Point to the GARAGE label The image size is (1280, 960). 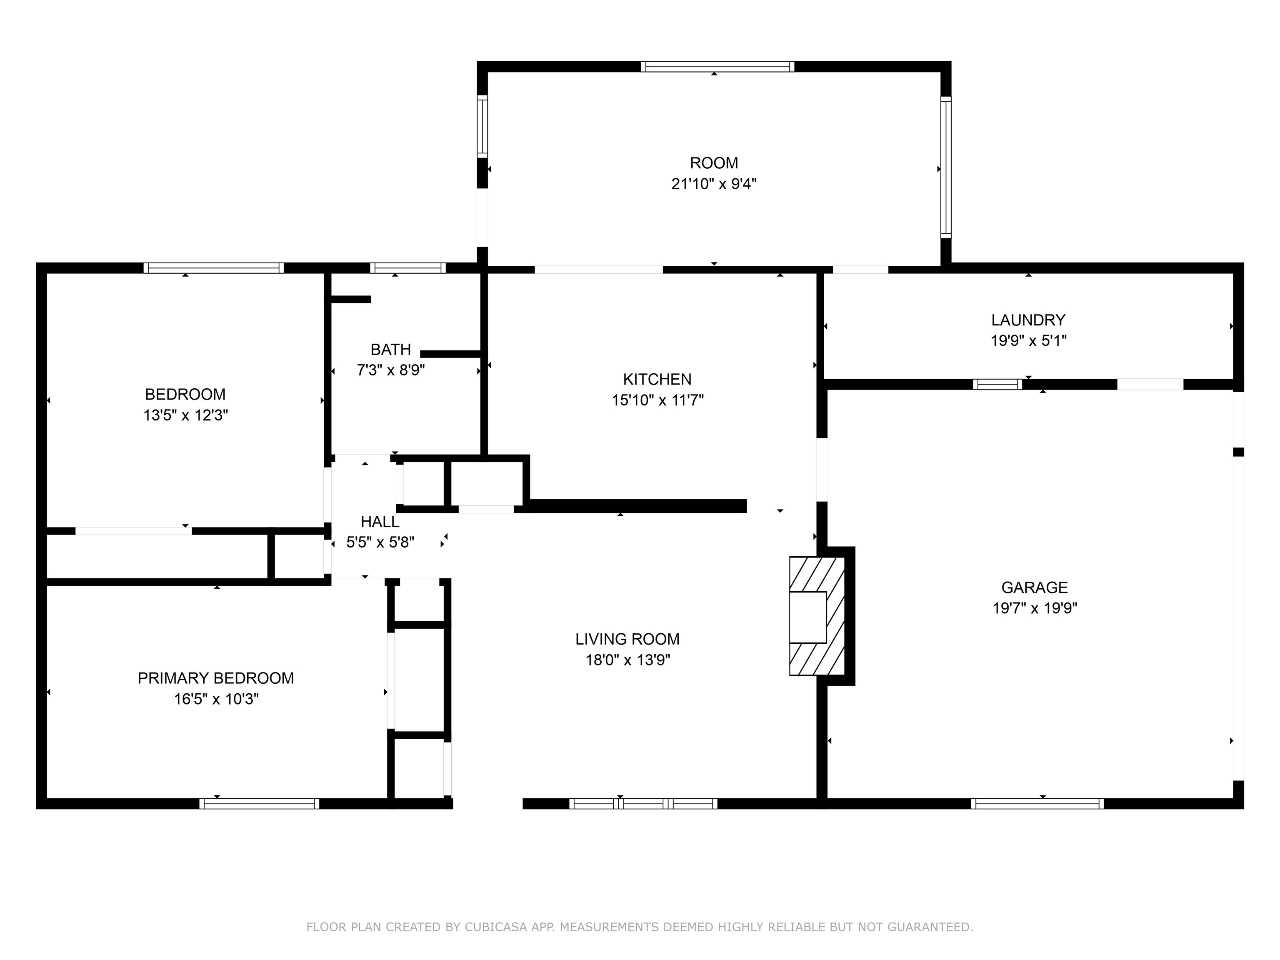[1034, 587]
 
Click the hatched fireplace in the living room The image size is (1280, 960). [817, 616]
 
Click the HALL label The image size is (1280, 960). [380, 522]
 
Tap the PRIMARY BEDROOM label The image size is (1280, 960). [215, 678]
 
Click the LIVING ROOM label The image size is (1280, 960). [627, 639]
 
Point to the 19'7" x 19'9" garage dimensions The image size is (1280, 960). [1034, 608]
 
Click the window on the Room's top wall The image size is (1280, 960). [717, 67]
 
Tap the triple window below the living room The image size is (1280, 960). [643, 803]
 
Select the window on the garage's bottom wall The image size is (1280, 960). [1037, 803]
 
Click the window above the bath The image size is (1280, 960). [407, 268]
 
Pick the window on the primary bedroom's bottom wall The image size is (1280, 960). [259, 803]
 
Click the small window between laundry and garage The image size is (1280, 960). [997, 384]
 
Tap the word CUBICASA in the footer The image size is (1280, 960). [495, 927]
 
